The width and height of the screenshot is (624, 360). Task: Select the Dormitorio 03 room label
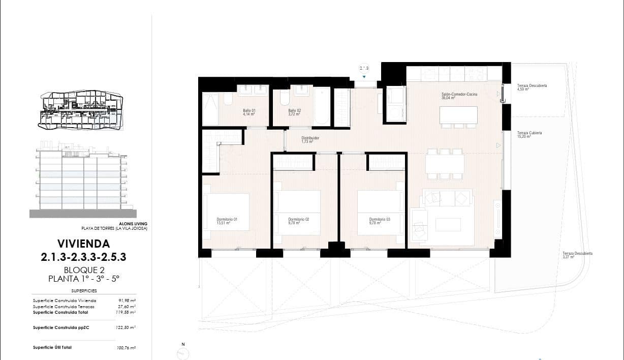click(380, 221)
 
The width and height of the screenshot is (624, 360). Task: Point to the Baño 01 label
click(248, 112)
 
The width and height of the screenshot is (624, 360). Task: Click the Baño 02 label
click(295, 112)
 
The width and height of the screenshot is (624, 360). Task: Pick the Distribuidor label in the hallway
click(310, 139)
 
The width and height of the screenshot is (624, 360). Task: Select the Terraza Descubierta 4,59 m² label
click(532, 87)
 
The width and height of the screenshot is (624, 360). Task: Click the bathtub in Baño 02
click(322, 106)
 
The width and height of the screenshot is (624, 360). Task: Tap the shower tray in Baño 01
click(211, 109)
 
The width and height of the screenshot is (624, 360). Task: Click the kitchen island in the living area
click(458, 117)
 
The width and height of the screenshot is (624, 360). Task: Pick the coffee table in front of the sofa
click(448, 224)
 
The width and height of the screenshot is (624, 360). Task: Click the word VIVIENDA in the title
click(83, 244)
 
